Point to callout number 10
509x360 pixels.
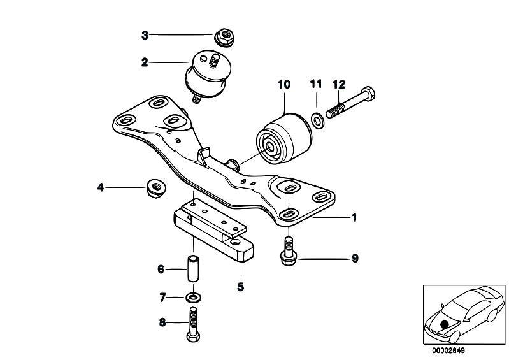pyautogui.click(x=284, y=83)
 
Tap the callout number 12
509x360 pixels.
pyautogui.click(x=338, y=83)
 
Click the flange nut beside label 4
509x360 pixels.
pyautogui.click(x=155, y=187)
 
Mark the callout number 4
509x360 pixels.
pyautogui.click(x=100, y=187)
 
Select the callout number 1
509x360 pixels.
pyautogui.click(x=354, y=217)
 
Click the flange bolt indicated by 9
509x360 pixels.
pyautogui.click(x=288, y=251)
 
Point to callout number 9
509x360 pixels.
pyautogui.click(x=355, y=258)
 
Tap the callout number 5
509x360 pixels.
pyautogui.click(x=240, y=287)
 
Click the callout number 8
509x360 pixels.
pyautogui.click(x=162, y=323)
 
